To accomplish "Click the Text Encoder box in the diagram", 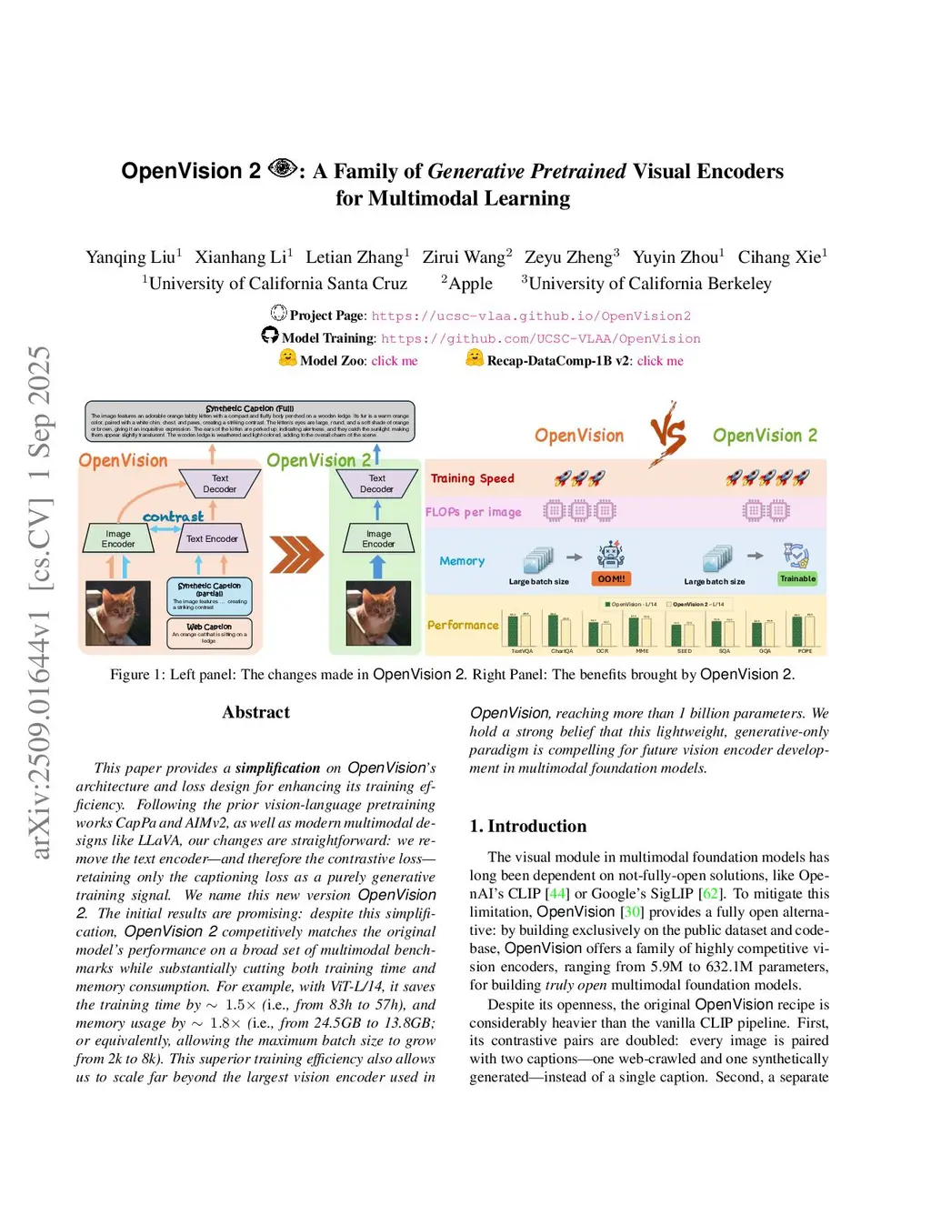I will pos(212,538).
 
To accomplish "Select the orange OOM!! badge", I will pos(611,578).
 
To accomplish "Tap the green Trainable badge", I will pos(797,578).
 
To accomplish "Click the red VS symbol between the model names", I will pos(668,433).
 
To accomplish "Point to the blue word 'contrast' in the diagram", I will pos(173,517).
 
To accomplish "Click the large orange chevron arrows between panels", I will pos(296,554).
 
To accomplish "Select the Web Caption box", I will pos(209,632).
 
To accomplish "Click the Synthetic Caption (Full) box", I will pos(250,421).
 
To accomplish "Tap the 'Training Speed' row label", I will pos(472,478).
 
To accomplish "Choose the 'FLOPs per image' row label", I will pos(473,512).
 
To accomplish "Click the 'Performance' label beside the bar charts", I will pos(463,625).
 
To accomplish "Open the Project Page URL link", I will pos(531,316).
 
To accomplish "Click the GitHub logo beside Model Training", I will pos(270,336).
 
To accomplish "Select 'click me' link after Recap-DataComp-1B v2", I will pos(660,360).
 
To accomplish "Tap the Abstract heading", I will pos(255,712).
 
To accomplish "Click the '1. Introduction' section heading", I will pos(527,826).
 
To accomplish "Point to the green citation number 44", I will pos(557,893).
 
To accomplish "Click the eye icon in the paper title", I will pos(283,168).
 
